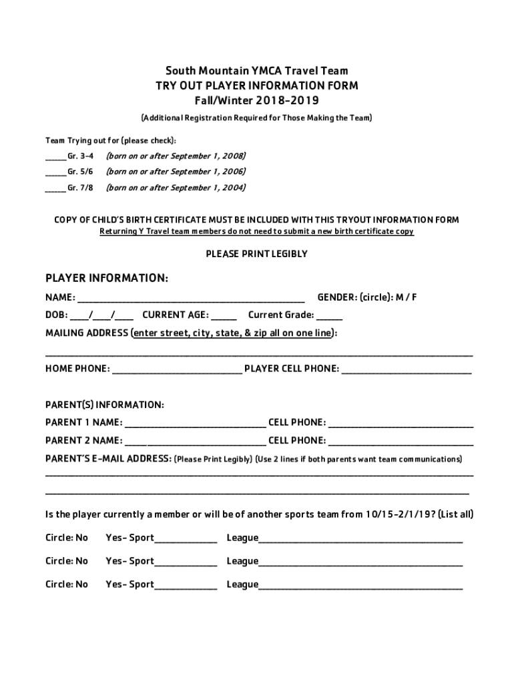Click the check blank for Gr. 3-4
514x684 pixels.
55,158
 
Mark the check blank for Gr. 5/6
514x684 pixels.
55,174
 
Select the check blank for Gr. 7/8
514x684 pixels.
55,190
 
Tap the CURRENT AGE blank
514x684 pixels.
224,317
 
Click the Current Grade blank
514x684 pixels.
329,317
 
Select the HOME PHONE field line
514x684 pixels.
177,370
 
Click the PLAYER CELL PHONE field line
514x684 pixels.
407,370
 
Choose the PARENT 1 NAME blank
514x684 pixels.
195,424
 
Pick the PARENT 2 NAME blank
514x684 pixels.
195,442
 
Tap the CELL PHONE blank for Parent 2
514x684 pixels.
401,442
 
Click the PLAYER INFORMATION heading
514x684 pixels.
106,278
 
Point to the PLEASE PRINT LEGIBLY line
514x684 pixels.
256,254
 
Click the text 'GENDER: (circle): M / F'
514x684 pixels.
366,297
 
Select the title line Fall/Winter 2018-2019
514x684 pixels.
256,101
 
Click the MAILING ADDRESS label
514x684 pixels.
87,333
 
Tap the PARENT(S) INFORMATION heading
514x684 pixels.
104,405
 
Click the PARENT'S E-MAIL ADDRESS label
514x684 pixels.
107,459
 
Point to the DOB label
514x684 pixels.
55,315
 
